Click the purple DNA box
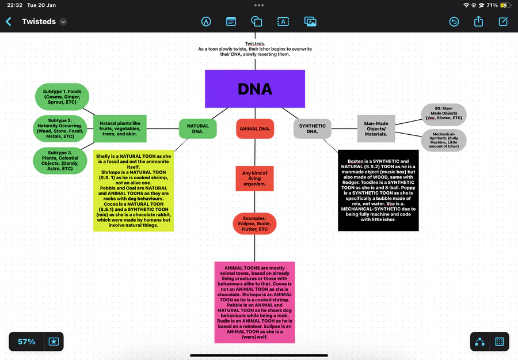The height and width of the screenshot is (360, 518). [255, 89]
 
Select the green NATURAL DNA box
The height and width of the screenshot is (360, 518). [197, 128]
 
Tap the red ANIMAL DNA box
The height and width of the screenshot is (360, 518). [255, 128]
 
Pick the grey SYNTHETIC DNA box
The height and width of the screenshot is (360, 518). [312, 128]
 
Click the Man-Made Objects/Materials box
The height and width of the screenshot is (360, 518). [376, 128]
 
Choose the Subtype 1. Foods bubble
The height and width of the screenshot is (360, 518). [62, 97]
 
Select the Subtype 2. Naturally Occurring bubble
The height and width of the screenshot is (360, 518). [61, 128]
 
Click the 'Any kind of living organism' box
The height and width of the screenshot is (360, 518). [254, 178]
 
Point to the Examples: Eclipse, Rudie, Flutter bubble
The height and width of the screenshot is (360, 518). [254, 223]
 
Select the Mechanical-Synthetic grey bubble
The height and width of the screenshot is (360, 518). [444, 140]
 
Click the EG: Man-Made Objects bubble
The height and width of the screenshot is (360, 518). [444, 114]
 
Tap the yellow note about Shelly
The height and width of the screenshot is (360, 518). [134, 191]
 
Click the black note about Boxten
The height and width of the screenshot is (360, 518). [378, 190]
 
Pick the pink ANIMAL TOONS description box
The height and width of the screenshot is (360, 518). [254, 302]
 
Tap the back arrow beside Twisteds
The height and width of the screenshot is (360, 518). [9, 22]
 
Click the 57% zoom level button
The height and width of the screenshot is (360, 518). [26, 342]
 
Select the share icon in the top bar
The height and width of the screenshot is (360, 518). [479, 22]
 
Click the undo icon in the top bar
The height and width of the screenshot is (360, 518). [454, 22]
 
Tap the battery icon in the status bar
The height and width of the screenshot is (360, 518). [505, 5]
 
